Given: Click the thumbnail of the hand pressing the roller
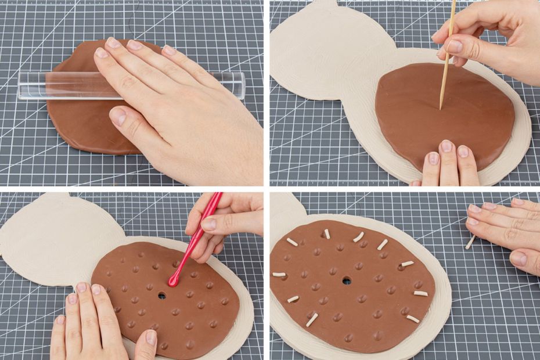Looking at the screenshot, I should [117, 117].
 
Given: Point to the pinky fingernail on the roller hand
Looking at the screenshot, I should [169, 51].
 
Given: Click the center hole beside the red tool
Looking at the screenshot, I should [161, 296].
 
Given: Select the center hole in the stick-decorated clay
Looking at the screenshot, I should [347, 280].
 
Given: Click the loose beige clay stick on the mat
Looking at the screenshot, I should [470, 242].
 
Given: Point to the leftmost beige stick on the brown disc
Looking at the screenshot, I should [279, 274].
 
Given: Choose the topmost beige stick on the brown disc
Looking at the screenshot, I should [327, 233].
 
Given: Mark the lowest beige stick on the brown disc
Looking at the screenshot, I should [312, 319].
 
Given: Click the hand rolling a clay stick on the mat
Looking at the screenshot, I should [505, 229].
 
